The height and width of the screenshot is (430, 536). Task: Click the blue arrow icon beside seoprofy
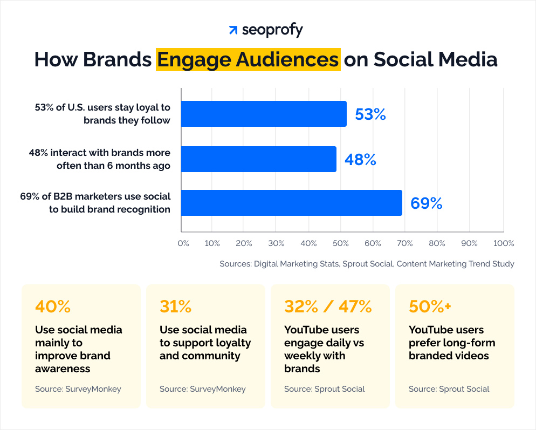pyautogui.click(x=233, y=30)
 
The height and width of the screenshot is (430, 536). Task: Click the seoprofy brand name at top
pyautogui.click(x=272, y=30)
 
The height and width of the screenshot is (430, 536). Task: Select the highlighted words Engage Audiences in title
pyautogui.click(x=248, y=59)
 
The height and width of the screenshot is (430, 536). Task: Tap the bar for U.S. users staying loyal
pyautogui.click(x=263, y=114)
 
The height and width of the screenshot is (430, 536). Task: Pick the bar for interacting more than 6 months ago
pyautogui.click(x=258, y=159)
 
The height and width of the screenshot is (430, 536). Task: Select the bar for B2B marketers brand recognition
pyautogui.click(x=291, y=203)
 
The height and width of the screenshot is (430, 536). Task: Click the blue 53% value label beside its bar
pyautogui.click(x=370, y=114)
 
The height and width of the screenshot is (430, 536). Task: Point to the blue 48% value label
pyautogui.click(x=360, y=160)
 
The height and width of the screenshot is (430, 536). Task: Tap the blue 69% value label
pyautogui.click(x=426, y=203)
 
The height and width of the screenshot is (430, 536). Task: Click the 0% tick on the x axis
pyautogui.click(x=183, y=243)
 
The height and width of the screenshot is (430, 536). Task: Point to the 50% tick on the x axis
pyautogui.click(x=341, y=243)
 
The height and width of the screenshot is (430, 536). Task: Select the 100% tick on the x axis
pyautogui.click(x=504, y=243)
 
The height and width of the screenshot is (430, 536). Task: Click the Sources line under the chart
pyautogui.click(x=367, y=264)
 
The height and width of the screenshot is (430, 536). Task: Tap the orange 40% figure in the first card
pyautogui.click(x=53, y=306)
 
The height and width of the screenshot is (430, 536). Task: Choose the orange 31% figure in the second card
pyautogui.click(x=176, y=306)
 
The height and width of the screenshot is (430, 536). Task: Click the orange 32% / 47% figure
pyautogui.click(x=328, y=306)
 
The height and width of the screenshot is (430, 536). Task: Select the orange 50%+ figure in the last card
pyautogui.click(x=430, y=306)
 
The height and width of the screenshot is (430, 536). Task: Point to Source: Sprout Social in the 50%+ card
pyautogui.click(x=449, y=389)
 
